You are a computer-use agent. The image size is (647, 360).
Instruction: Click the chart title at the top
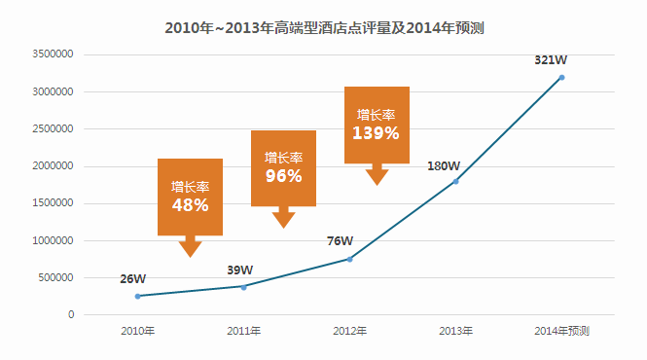point(324,28)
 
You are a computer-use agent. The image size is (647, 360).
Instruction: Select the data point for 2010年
point(138,296)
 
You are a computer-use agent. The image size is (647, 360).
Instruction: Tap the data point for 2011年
point(244,287)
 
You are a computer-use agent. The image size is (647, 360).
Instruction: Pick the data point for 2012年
point(350,259)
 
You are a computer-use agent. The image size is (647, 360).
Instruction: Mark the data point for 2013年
point(456,182)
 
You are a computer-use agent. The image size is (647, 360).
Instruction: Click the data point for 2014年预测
point(562,78)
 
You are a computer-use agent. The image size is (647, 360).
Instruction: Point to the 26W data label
point(133,279)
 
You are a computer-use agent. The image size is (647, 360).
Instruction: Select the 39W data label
point(240,270)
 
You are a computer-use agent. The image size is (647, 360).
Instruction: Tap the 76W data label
point(340,240)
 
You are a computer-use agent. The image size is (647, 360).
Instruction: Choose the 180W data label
point(444,166)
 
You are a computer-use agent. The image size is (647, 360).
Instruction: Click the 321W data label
point(551,60)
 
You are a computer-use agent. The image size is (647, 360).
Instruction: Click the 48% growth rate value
point(191,205)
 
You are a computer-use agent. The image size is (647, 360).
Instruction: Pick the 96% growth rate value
point(283,176)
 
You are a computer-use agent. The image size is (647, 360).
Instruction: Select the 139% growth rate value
point(376,133)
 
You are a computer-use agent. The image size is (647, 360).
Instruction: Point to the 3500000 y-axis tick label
point(53,54)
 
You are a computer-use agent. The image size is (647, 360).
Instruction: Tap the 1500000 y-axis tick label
point(53,203)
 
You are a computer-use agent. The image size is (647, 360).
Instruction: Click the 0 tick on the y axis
point(71,314)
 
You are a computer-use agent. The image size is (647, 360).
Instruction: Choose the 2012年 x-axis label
point(350,331)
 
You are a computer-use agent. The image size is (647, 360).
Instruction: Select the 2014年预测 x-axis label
point(562,331)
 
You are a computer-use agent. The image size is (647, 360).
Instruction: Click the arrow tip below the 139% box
point(377,186)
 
